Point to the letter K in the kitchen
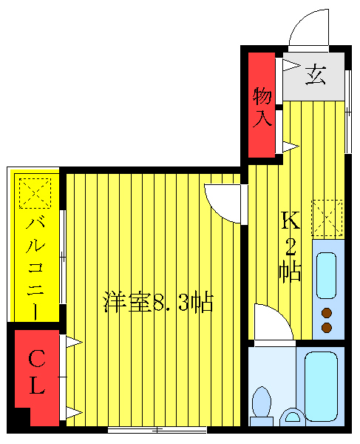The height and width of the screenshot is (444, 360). pos(290,221)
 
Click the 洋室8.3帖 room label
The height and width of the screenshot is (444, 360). pos(158,302)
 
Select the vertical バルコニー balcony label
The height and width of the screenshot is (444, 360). pos(34,266)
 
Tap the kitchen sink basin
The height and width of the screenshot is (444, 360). pos(326,274)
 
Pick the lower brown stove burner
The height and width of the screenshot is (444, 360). pos(327,327)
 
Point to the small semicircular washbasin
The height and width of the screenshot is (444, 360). pos(292,419)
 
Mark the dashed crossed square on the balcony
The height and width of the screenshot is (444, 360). pos(33,194)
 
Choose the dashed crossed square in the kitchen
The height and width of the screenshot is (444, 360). pos(327,215)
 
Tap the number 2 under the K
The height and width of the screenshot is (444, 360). pos(291,246)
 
